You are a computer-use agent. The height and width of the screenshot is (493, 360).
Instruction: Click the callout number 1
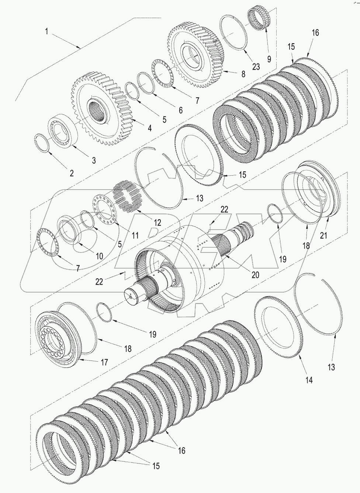[46, 32]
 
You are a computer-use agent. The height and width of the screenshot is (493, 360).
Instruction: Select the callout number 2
[72, 173]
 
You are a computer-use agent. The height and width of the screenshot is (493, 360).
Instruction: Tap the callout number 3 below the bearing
[94, 160]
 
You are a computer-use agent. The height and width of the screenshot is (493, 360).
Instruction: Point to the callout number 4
[149, 128]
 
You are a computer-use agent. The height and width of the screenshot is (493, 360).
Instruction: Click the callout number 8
[243, 74]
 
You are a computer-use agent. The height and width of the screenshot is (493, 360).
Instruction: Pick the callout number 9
[269, 59]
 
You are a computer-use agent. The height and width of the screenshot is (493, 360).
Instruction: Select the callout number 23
[256, 67]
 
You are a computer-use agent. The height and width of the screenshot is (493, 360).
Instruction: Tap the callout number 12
[157, 223]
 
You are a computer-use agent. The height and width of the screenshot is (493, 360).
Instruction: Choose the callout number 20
[255, 275]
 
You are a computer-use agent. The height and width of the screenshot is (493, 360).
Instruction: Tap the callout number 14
[308, 380]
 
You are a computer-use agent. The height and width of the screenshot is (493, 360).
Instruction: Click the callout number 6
[180, 110]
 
